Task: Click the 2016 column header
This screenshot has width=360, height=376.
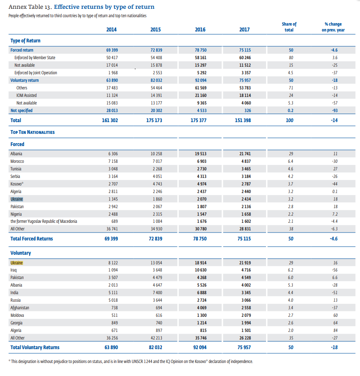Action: [200, 29]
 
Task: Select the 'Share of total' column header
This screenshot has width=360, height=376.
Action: [289, 27]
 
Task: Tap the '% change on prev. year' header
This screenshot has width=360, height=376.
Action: [333, 27]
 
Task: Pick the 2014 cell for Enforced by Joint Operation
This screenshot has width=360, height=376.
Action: [112, 73]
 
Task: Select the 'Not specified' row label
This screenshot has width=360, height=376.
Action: [21, 110]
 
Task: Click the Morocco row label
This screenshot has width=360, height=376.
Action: [17, 161]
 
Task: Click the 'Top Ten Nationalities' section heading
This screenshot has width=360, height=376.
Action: [32, 132]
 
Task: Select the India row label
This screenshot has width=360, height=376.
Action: [14, 293]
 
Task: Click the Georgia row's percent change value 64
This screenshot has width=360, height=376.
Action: [335, 323]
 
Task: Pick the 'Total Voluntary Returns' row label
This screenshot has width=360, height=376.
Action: [35, 347]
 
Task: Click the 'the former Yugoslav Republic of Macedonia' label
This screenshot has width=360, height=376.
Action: [44, 221]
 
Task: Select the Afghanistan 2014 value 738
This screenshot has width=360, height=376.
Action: [112, 308]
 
